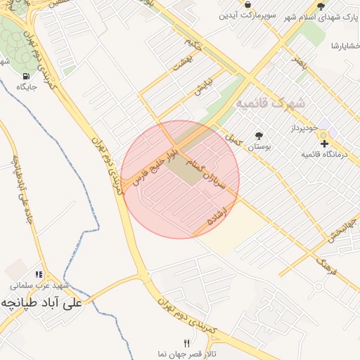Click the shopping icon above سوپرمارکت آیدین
pos(248,5)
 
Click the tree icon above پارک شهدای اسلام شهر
pos(321,6)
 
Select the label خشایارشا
pos(346,46)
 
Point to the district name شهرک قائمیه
pos(270,103)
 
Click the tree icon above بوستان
pos(259,135)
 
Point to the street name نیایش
pos(202,86)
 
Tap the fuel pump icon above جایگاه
pos(26,76)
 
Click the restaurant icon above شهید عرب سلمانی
pos(39,275)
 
